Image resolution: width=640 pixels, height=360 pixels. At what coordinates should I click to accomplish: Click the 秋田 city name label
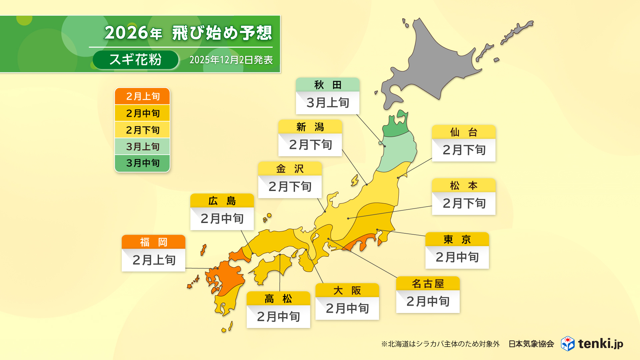(327, 85)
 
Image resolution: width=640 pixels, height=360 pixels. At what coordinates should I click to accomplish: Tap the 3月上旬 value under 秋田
(327, 103)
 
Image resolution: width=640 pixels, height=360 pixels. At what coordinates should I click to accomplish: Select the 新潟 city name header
(310, 127)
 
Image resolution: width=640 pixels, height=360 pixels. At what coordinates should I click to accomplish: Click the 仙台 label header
(463, 132)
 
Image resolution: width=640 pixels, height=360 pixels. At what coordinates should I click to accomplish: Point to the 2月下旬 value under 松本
(463, 203)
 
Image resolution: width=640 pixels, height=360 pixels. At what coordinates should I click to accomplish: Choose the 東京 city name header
(457, 239)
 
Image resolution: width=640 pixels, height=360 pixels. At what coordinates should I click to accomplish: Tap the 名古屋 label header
(428, 284)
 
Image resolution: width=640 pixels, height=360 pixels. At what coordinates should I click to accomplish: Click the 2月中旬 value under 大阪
(347, 308)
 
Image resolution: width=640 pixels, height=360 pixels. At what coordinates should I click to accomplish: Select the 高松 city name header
(278, 299)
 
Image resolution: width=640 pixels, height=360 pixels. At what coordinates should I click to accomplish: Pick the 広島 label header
(222, 201)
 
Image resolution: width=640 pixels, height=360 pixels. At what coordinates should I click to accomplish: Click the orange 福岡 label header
(153, 242)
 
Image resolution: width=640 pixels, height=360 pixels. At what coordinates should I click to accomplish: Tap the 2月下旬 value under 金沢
(290, 186)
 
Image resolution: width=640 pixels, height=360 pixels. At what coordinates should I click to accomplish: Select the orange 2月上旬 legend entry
(142, 96)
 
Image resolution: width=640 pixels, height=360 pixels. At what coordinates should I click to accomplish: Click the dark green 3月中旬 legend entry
(142, 163)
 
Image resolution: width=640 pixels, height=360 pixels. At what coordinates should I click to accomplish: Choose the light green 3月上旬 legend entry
(142, 146)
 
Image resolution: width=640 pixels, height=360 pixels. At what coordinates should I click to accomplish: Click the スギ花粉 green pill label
(135, 60)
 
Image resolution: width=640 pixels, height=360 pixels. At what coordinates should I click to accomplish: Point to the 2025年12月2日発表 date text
(231, 60)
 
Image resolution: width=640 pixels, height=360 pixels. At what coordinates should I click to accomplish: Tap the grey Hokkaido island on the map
(430, 63)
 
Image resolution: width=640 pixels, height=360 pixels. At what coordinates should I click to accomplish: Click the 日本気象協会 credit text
(531, 344)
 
